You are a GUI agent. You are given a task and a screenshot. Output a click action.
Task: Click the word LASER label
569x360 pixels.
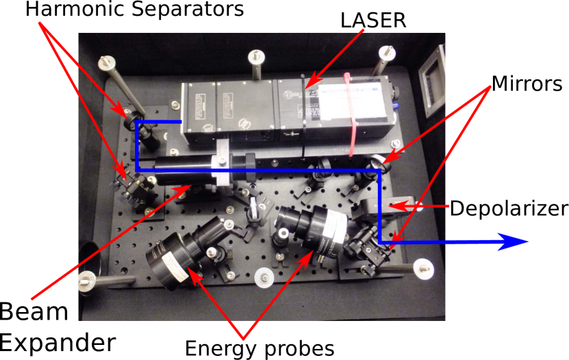coord(373,21)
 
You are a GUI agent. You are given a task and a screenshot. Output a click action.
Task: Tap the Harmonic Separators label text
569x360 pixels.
coord(134,9)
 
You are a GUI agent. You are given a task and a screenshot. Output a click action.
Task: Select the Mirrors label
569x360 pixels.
coord(527,83)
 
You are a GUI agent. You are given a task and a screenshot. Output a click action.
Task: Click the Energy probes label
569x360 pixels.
coord(260,349)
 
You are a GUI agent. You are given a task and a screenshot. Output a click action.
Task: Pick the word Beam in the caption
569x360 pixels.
coord(34,312)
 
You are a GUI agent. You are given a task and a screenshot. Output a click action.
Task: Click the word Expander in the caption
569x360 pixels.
coord(58,343)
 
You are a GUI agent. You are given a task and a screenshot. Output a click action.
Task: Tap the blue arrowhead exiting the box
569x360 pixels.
coord(512,242)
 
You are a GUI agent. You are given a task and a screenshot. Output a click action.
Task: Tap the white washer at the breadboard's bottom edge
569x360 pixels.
coord(264,278)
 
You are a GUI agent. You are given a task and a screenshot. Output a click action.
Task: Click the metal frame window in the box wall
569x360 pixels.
coord(432,82)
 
